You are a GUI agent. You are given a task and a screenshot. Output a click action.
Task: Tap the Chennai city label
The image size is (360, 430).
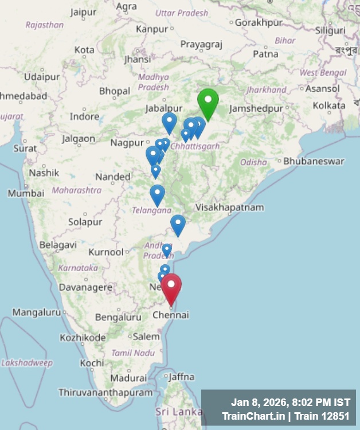pyautogui.click(x=171, y=315)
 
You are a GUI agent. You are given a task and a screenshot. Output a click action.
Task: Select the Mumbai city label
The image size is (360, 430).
pyautogui.click(x=26, y=193)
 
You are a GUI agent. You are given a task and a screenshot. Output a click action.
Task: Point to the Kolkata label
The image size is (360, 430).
pyautogui.click(x=329, y=105)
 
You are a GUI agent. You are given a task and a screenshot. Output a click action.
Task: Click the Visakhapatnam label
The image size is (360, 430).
pyautogui.click(x=229, y=207)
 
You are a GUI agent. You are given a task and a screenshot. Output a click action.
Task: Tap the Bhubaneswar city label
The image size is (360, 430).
pyautogui.click(x=314, y=161)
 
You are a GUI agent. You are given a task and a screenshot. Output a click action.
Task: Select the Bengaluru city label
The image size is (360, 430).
pyautogui.click(x=118, y=317)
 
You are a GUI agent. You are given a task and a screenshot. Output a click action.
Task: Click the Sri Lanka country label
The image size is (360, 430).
pyautogui.click(x=178, y=412)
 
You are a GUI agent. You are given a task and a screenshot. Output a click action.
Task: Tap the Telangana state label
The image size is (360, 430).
pyautogui.click(x=152, y=210)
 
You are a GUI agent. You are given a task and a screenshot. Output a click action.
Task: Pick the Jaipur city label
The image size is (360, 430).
pyautogui.click(x=83, y=11)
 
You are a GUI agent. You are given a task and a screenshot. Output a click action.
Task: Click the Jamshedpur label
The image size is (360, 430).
pyautogui.click(x=256, y=108)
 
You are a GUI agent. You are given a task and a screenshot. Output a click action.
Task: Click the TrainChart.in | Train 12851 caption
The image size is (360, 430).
pyautogui.click(x=286, y=416)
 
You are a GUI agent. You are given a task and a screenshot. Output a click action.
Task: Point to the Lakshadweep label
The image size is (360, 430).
pyautogui.click(x=26, y=362)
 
